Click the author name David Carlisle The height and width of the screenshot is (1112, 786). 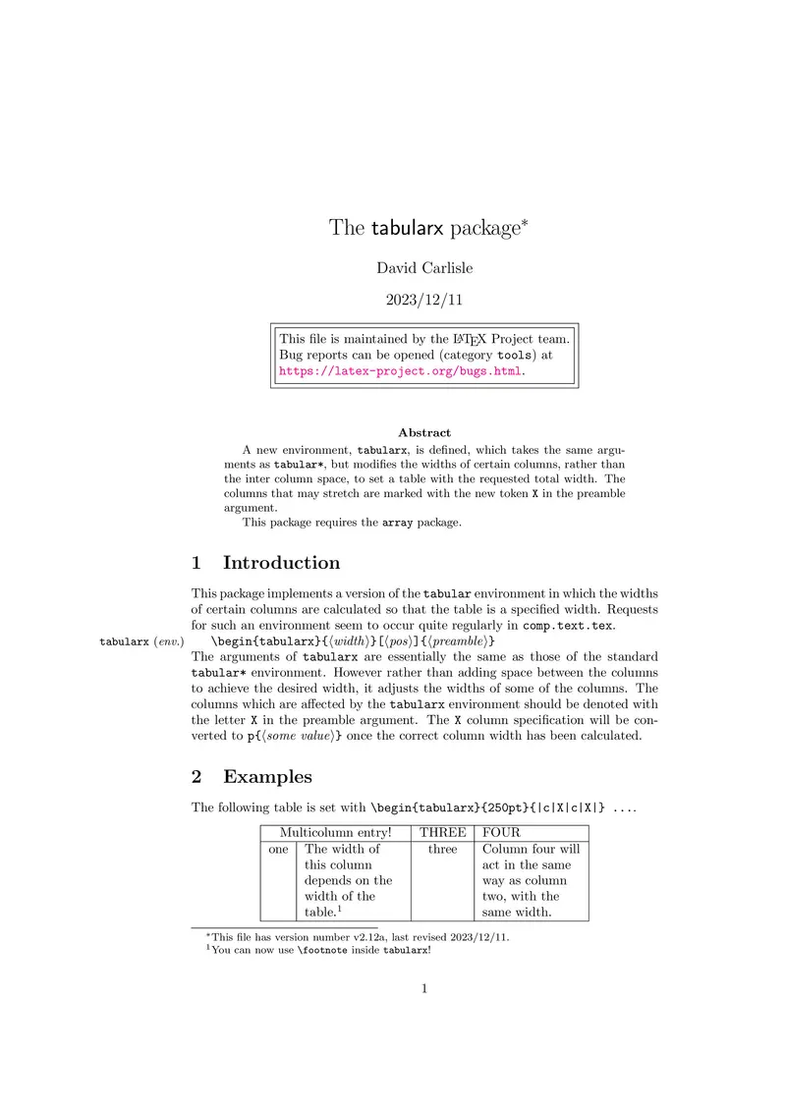click(423, 267)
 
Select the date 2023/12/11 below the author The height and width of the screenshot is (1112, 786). click(423, 301)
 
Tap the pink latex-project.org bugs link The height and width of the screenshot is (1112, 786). click(401, 372)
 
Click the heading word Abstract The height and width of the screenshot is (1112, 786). click(424, 432)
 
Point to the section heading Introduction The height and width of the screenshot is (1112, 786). click(281, 563)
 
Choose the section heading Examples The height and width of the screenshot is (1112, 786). click(267, 776)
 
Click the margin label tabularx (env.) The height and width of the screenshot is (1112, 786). click(141, 641)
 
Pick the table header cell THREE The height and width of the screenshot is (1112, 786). click(442, 832)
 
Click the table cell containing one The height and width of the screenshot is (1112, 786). click(278, 849)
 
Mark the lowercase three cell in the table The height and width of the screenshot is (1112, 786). click(442, 849)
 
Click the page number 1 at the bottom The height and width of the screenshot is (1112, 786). click(423, 988)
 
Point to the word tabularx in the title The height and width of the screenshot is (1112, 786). click(408, 229)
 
